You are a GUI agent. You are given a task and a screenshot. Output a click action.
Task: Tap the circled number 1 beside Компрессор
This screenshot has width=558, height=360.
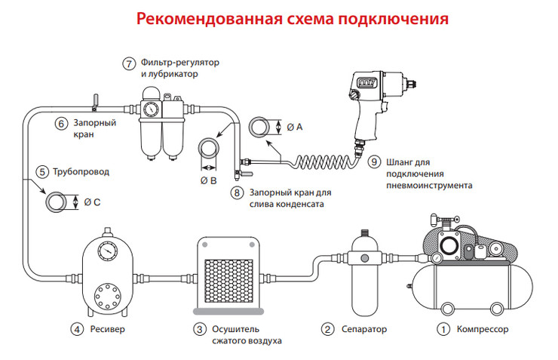pos(444,329)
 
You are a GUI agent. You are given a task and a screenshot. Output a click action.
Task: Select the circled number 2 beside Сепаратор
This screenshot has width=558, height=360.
pos(327,329)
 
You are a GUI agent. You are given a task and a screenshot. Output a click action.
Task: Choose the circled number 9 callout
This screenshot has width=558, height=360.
pos(374,161)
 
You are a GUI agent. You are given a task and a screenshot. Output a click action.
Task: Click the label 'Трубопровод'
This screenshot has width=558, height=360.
pos(81,172)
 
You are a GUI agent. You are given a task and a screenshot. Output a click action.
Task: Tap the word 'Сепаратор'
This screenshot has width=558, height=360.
pos(364,329)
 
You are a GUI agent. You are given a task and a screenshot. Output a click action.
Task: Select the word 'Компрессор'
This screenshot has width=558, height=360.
pos(483,329)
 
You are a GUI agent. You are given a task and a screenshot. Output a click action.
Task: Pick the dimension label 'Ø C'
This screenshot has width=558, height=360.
pos(92,202)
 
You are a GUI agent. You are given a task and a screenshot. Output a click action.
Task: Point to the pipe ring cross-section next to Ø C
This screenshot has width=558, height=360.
pos(57,202)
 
